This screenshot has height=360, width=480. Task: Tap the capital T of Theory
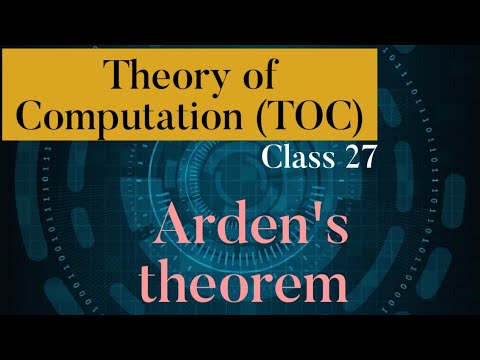tap(117, 75)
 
